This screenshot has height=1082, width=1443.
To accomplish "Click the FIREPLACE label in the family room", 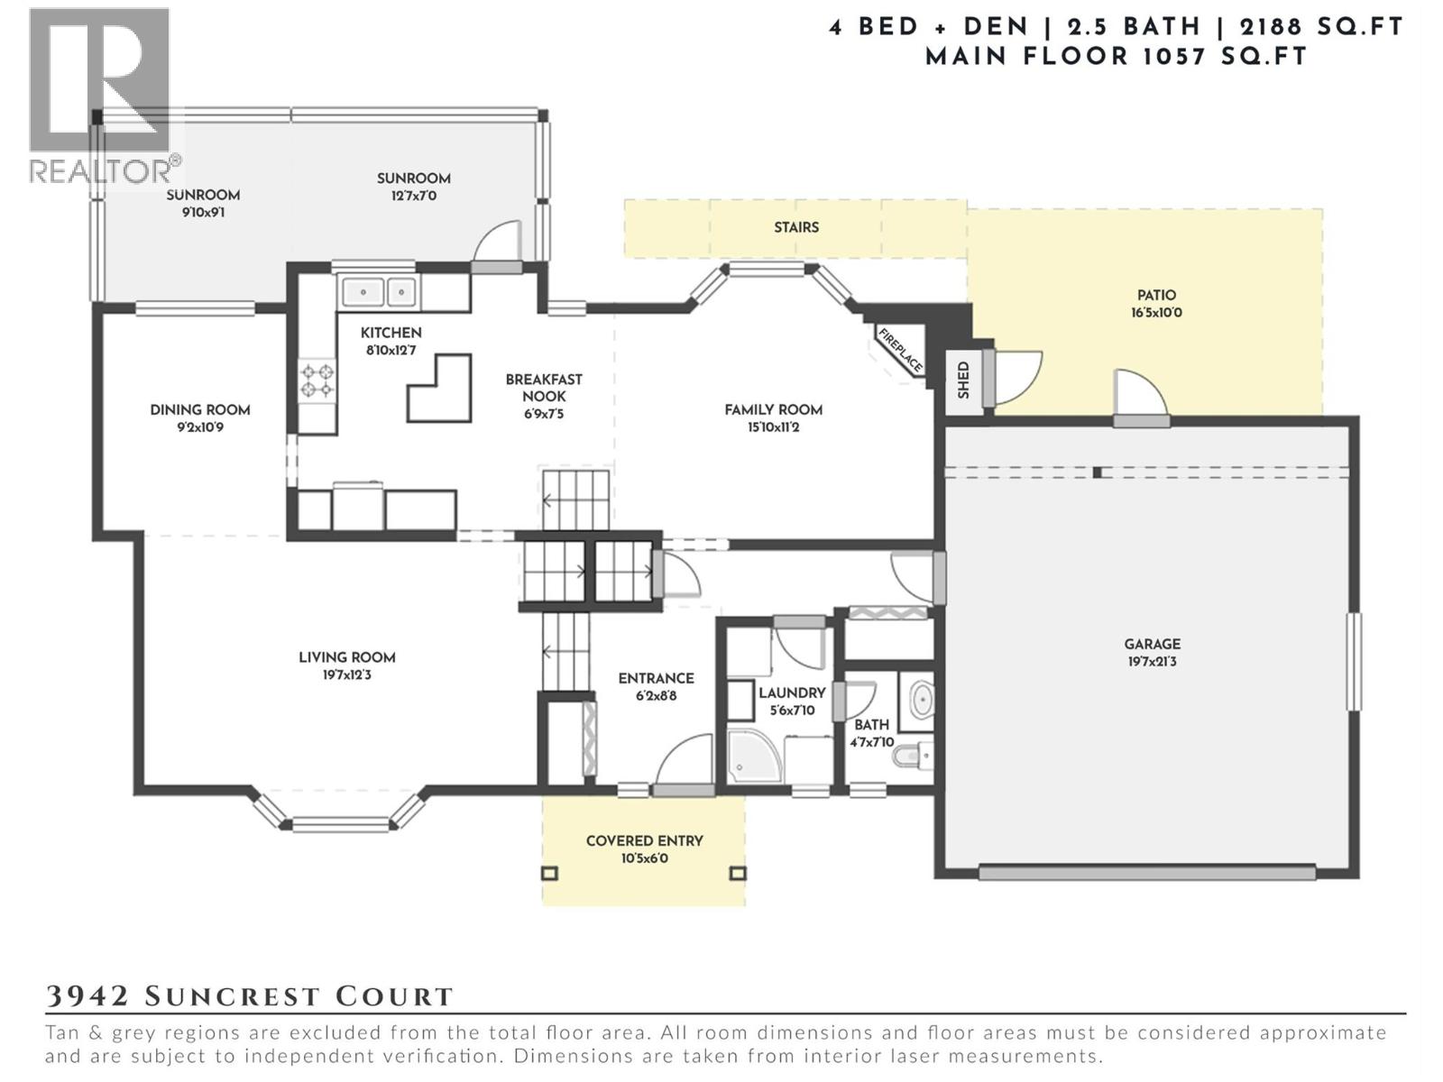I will click(x=900, y=350).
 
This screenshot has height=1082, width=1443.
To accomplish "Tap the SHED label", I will click(x=963, y=380).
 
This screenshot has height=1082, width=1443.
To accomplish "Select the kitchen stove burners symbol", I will click(x=317, y=380).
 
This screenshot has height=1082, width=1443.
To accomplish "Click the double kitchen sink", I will click(x=376, y=292).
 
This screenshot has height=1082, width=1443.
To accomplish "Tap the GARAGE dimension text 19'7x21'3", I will click(x=1152, y=661).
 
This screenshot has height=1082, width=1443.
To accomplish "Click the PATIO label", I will click(x=1156, y=295).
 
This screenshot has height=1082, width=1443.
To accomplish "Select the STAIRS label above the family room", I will click(x=796, y=227).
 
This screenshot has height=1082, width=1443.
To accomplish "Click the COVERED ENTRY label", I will click(x=644, y=840).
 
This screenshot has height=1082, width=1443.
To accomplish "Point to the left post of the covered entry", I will click(x=549, y=873).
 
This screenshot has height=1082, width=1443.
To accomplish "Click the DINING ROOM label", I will click(x=199, y=409).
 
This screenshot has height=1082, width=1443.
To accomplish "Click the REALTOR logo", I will click(x=99, y=95).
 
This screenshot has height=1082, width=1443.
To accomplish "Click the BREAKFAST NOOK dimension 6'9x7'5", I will click(x=543, y=414).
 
